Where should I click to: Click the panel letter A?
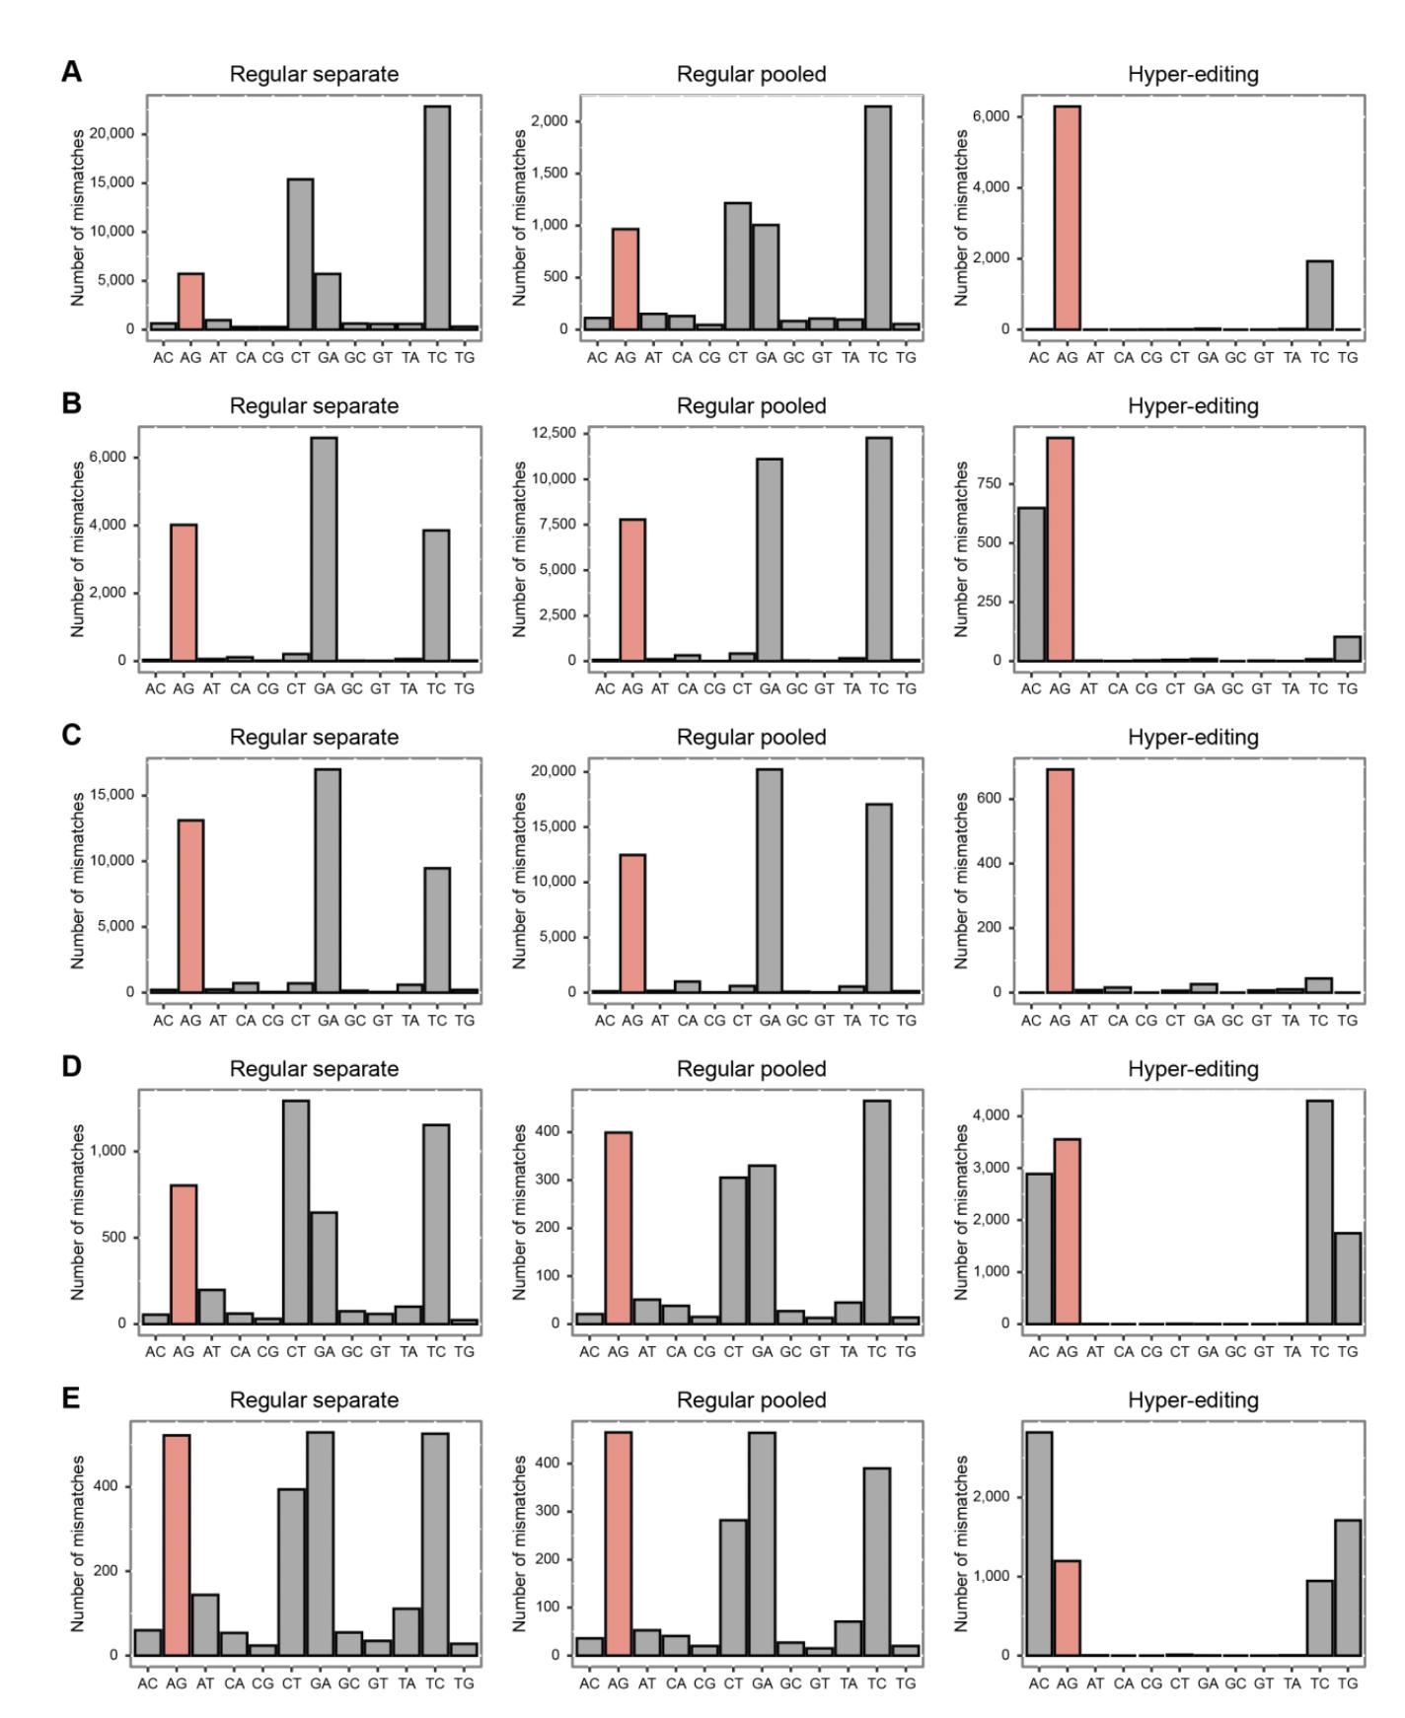coord(71,72)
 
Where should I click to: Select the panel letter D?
coord(71,1067)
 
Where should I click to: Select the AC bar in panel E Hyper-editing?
coord(1039,1543)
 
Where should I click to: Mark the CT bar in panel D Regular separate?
coord(296,1212)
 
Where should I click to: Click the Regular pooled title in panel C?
coord(751,738)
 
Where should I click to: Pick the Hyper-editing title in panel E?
coord(1193,1400)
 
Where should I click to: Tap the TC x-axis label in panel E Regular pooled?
coord(877,1683)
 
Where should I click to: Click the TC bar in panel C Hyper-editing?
coord(1319,985)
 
